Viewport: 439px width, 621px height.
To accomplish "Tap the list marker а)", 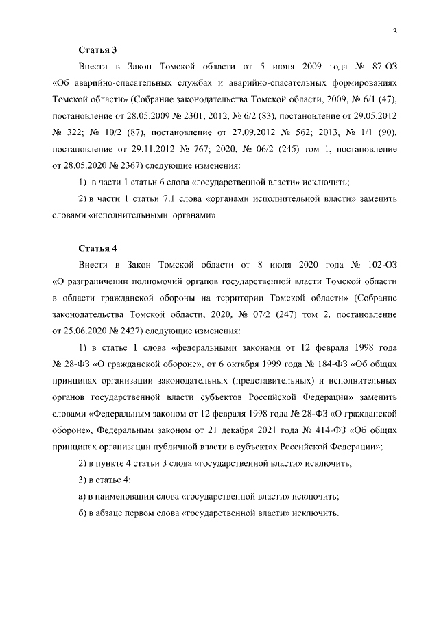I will click(x=82, y=496).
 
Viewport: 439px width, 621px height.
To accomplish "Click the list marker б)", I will click(x=82, y=513).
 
